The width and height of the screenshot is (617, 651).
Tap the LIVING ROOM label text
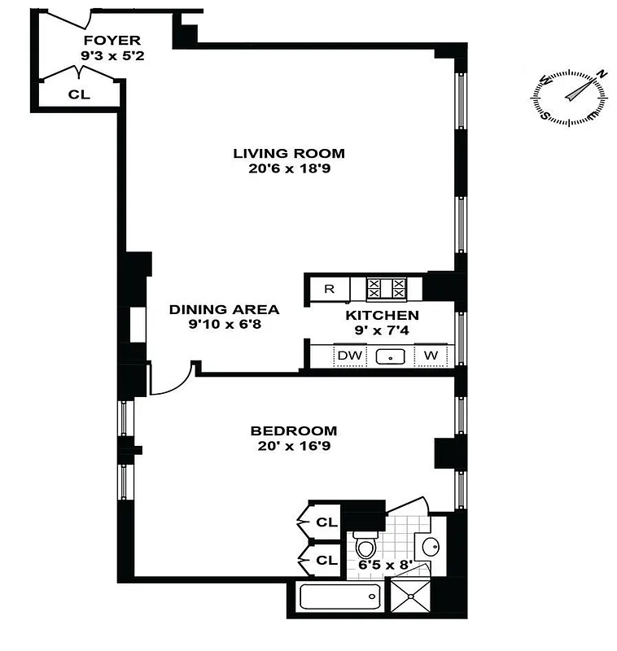pyautogui.click(x=289, y=153)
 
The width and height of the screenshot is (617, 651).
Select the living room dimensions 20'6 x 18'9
pyautogui.click(x=289, y=170)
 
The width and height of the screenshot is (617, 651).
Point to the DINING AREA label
pyautogui.click(x=224, y=309)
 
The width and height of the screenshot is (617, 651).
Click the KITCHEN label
pyautogui.click(x=382, y=315)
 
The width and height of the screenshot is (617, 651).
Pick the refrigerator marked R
pyautogui.click(x=329, y=289)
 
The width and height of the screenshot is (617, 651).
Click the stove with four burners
pyautogui.click(x=387, y=289)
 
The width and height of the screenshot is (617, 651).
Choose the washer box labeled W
pyautogui.click(x=431, y=356)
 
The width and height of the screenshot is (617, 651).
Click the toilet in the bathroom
pyautogui.click(x=364, y=544)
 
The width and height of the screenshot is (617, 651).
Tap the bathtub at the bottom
pyautogui.click(x=338, y=599)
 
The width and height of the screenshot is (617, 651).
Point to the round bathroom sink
pyautogui.click(x=429, y=544)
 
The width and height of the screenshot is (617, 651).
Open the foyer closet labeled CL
pyautogui.click(x=79, y=94)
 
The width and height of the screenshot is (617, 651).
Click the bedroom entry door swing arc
pyautogui.click(x=171, y=381)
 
